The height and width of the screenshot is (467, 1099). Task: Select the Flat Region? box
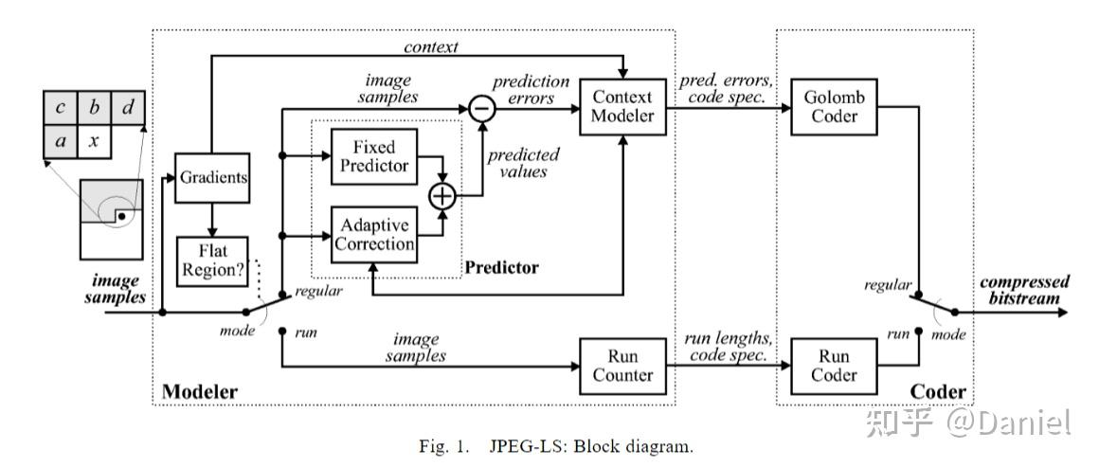(x=212, y=260)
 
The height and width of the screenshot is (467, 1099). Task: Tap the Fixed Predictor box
(x=373, y=156)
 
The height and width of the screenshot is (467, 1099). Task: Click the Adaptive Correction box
(x=373, y=235)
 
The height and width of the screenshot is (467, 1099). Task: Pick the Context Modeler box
(x=622, y=107)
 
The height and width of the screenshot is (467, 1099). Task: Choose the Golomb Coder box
(x=834, y=107)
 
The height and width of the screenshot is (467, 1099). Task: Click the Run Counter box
(x=622, y=366)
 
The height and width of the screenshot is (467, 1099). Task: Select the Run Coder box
(x=834, y=366)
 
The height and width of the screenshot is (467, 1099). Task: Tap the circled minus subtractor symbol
(x=481, y=108)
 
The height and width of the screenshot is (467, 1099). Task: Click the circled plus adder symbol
(x=442, y=196)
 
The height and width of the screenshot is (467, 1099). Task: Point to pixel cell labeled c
(x=61, y=108)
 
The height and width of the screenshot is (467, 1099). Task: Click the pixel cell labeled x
(x=95, y=142)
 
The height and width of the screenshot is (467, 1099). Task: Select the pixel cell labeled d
(x=128, y=108)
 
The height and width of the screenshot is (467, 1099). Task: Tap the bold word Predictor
(x=502, y=267)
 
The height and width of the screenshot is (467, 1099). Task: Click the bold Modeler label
(x=200, y=391)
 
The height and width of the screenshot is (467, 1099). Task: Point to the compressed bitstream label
(x=1024, y=290)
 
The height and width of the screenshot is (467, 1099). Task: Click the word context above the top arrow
(x=431, y=47)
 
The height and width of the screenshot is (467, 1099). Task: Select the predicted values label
(x=524, y=162)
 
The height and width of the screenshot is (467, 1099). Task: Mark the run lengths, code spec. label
(x=729, y=347)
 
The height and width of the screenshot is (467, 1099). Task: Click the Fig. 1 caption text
(x=556, y=446)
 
